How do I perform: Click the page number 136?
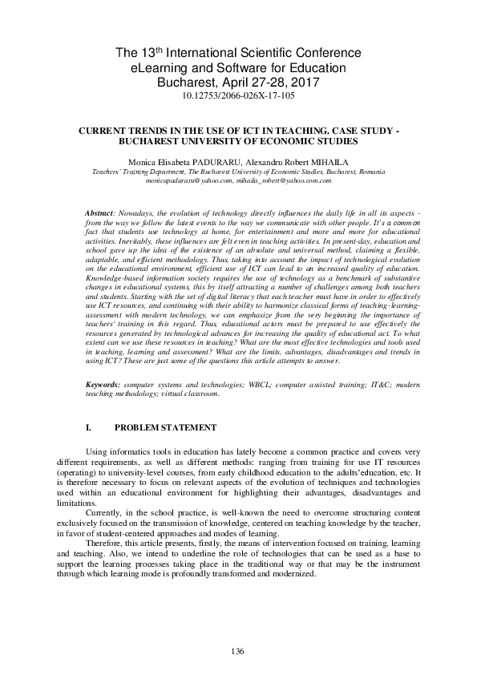(x=237, y=650)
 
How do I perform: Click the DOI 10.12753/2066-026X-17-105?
(x=238, y=95)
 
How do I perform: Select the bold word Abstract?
(x=100, y=212)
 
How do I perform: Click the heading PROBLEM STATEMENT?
(x=166, y=427)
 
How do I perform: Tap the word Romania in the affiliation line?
(x=372, y=172)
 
